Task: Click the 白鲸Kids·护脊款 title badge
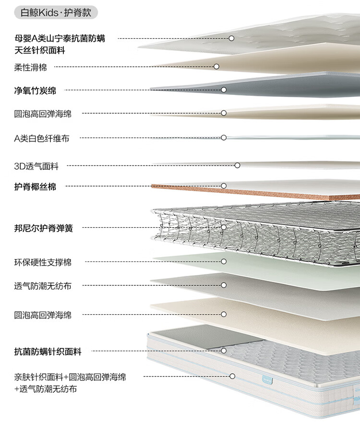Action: coord(56,12)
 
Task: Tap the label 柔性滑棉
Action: coord(30,67)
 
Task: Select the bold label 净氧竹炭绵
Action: coord(35,90)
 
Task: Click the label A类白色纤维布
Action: coord(41,138)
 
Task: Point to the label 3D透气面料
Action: coord(36,166)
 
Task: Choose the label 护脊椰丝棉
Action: coord(35,187)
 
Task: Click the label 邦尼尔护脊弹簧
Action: coord(43,228)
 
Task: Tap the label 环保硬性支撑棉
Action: coord(43,262)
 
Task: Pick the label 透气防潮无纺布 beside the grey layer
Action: coord(43,286)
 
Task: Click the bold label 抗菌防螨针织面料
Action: coord(48,352)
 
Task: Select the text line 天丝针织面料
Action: coord(40,50)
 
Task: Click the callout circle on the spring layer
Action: coord(224,227)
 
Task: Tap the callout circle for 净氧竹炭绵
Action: coord(224,90)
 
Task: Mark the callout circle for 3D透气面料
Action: coord(237,165)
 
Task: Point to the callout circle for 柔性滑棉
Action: coord(216,67)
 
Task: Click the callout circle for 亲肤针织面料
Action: coord(232,376)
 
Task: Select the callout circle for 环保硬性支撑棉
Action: coord(224,261)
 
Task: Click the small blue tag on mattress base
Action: coord(267,380)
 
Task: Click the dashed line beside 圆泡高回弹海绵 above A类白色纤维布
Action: coord(151,113)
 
